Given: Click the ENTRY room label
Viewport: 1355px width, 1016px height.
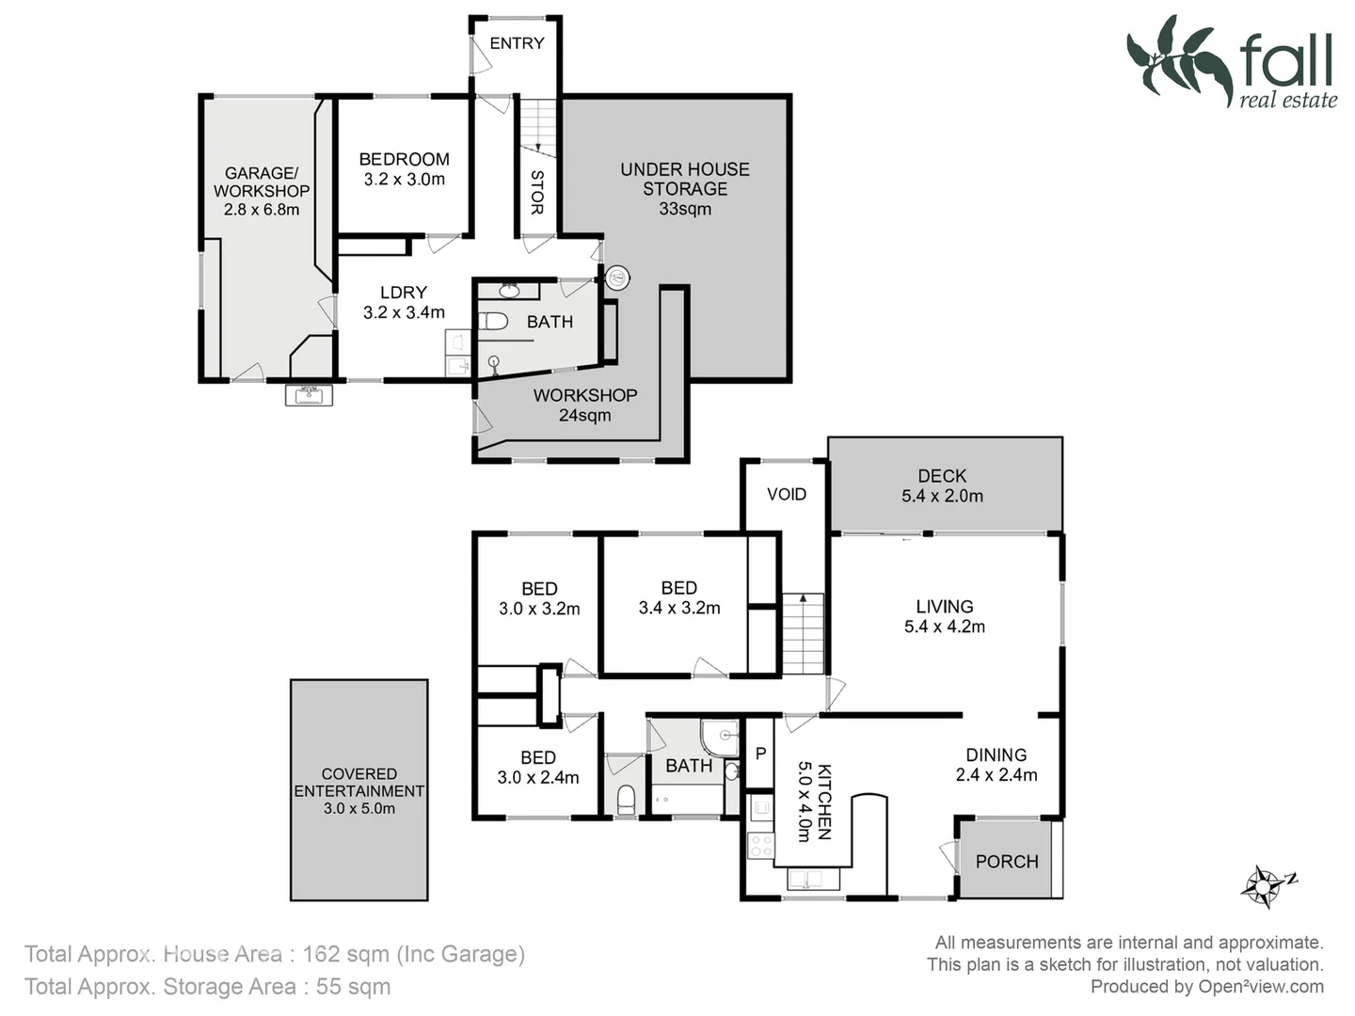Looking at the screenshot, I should (517, 43).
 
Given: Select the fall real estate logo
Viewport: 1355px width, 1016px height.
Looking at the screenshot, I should (1232, 62).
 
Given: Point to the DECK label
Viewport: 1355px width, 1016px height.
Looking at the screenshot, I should (942, 476).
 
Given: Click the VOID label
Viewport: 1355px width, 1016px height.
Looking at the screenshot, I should (787, 494).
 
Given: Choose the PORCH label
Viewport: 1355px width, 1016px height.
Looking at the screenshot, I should (1006, 862).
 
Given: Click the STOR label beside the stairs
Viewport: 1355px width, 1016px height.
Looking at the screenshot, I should (537, 192).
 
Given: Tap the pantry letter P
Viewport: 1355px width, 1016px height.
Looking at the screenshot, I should (760, 754).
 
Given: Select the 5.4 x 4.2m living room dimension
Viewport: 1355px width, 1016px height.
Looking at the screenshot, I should (944, 627).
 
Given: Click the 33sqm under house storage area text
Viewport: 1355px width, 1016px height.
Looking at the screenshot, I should (685, 209).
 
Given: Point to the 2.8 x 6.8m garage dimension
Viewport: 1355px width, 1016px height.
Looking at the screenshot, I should (261, 210).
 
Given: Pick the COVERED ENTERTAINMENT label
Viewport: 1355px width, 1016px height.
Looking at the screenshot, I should (359, 783).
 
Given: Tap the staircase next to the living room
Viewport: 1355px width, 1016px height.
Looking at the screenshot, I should (804, 634).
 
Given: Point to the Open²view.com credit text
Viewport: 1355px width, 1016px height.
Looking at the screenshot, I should (1260, 987).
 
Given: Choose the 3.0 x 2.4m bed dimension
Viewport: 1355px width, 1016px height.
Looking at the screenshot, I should (538, 778).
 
